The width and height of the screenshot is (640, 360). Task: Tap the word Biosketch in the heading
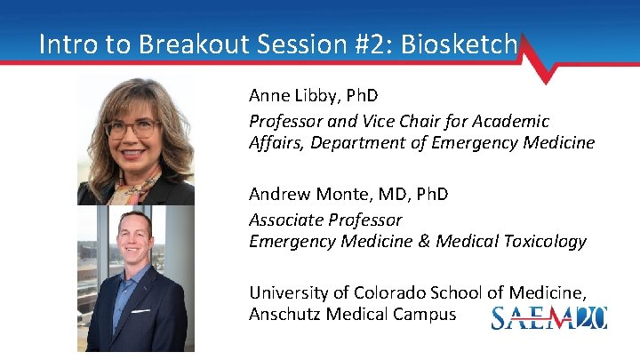468,44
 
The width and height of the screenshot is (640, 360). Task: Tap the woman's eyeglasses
132,128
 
